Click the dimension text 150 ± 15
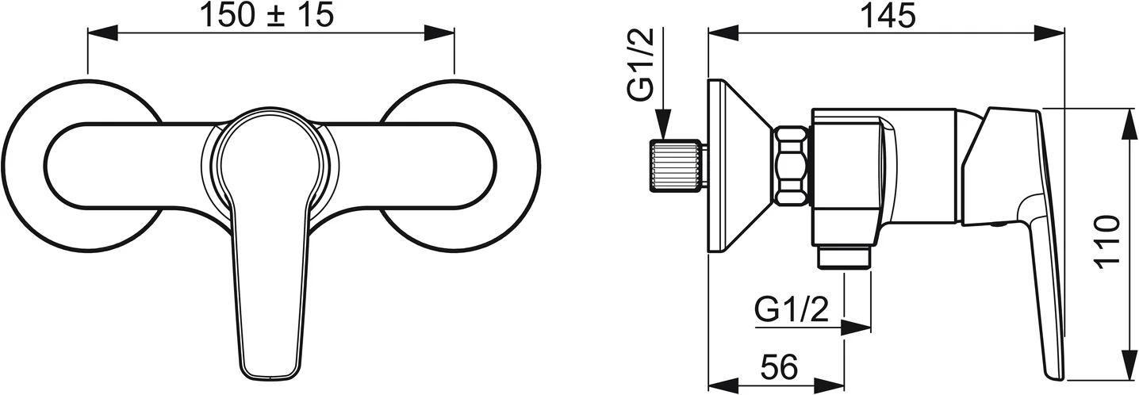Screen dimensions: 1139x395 click(x=267, y=15)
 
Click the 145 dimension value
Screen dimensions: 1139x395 click(x=887, y=16)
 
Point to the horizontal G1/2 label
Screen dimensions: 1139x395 click(x=792, y=309)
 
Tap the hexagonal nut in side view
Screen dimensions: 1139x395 click(x=792, y=167)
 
